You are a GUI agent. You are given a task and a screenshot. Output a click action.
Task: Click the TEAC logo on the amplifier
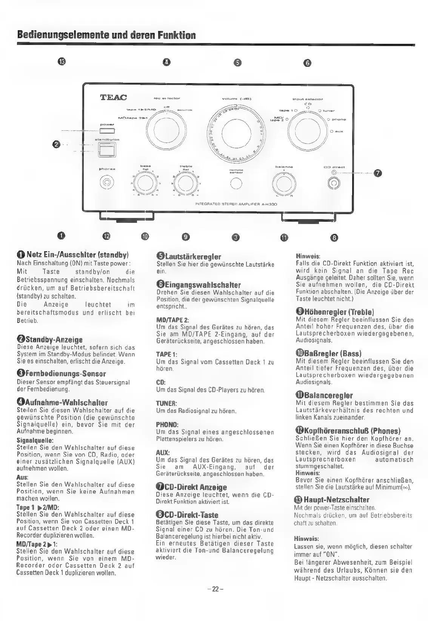(x=113, y=97)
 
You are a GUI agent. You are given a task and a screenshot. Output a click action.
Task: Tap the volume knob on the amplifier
(x=234, y=132)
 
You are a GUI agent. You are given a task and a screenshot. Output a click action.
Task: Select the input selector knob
(x=305, y=126)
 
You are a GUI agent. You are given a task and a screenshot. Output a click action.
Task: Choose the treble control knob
(x=185, y=183)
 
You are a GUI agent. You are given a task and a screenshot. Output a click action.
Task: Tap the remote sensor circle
(x=236, y=183)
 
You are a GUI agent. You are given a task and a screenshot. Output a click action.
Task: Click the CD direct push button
(x=334, y=184)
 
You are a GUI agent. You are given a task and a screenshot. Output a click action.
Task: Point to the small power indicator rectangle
(x=107, y=131)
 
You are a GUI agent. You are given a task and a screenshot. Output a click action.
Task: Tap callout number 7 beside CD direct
(x=377, y=173)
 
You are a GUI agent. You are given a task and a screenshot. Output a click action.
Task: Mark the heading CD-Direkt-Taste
(x=187, y=515)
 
